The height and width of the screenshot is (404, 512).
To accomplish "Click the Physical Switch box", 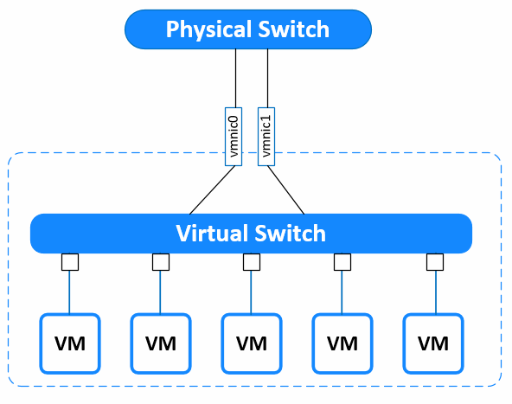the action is coord(248,29).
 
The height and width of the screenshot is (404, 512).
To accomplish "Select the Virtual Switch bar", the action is coord(251,234).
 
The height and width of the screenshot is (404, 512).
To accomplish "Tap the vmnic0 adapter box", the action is coord(234,137).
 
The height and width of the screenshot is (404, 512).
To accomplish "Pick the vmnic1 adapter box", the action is coord(266,137).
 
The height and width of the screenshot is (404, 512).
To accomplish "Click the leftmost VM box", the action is coord(70,343).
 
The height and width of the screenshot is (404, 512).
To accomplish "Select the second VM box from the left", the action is coord(161,343).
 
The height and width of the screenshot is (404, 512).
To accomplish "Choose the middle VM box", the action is coord(252,343).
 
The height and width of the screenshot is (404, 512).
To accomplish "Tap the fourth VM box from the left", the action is coord(342,343).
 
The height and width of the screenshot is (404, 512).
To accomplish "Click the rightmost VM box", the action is coord(433,343).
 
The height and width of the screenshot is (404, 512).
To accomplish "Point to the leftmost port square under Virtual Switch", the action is coord(70,262).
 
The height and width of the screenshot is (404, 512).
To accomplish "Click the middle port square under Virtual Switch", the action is coord(252,262).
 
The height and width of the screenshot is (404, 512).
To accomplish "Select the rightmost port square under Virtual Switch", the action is coord(435,262).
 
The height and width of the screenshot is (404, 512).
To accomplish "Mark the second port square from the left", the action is coord(161,262).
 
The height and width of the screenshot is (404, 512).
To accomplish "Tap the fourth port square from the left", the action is coord(342,262).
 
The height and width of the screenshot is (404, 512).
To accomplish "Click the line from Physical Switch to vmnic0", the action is coord(236,79).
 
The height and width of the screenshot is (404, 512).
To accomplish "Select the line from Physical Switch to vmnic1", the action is coord(268,79).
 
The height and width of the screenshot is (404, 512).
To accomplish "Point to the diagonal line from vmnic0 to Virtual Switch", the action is coord(212,190).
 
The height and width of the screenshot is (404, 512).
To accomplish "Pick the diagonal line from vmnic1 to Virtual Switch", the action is coord(286,190).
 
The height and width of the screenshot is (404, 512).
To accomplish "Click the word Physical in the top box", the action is coord(209,30).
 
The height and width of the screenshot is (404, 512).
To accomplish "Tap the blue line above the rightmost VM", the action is coord(436,292).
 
